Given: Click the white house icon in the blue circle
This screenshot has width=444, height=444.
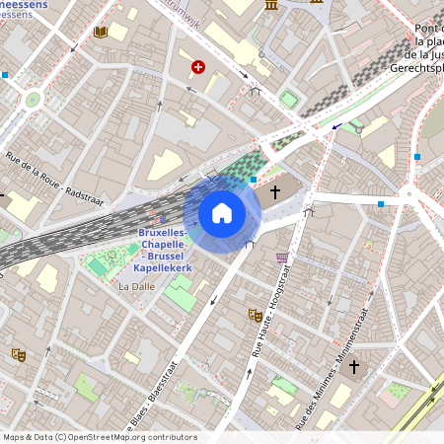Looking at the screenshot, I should [222, 213].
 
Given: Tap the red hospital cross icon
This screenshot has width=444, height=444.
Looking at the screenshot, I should [198, 67].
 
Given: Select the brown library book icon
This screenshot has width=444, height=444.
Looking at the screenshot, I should [99, 32].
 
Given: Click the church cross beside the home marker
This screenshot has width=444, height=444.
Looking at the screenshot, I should [275, 192].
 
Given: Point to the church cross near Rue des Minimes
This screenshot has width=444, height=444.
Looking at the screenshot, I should [354, 367].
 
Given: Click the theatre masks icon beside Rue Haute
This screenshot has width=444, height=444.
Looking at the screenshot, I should [254, 316].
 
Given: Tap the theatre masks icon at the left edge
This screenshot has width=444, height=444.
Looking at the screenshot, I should [17, 354].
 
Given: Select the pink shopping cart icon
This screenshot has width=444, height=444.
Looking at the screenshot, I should [282, 259].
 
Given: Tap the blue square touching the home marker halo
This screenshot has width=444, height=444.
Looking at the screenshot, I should [254, 180].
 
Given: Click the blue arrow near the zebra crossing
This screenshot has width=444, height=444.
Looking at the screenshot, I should [337, 125].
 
